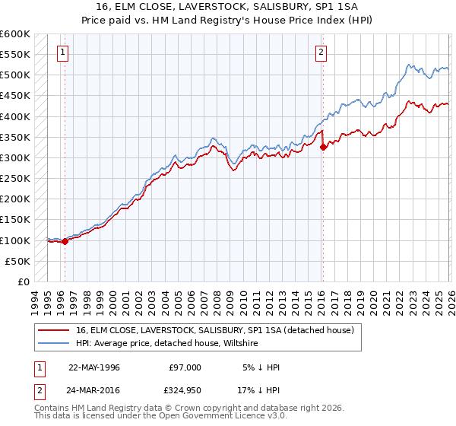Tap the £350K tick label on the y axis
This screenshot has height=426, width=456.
(x=15, y=138)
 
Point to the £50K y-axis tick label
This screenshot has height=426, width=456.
(x=17, y=261)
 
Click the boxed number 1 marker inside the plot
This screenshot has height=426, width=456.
(x=62, y=52)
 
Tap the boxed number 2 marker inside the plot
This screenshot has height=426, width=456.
(x=321, y=52)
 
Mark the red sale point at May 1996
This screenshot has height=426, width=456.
(x=65, y=242)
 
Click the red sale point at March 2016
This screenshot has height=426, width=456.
(x=323, y=148)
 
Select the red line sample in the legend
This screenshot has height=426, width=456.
(x=54, y=330)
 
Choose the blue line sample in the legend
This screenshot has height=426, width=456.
(x=54, y=344)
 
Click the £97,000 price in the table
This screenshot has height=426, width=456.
(x=185, y=367)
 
